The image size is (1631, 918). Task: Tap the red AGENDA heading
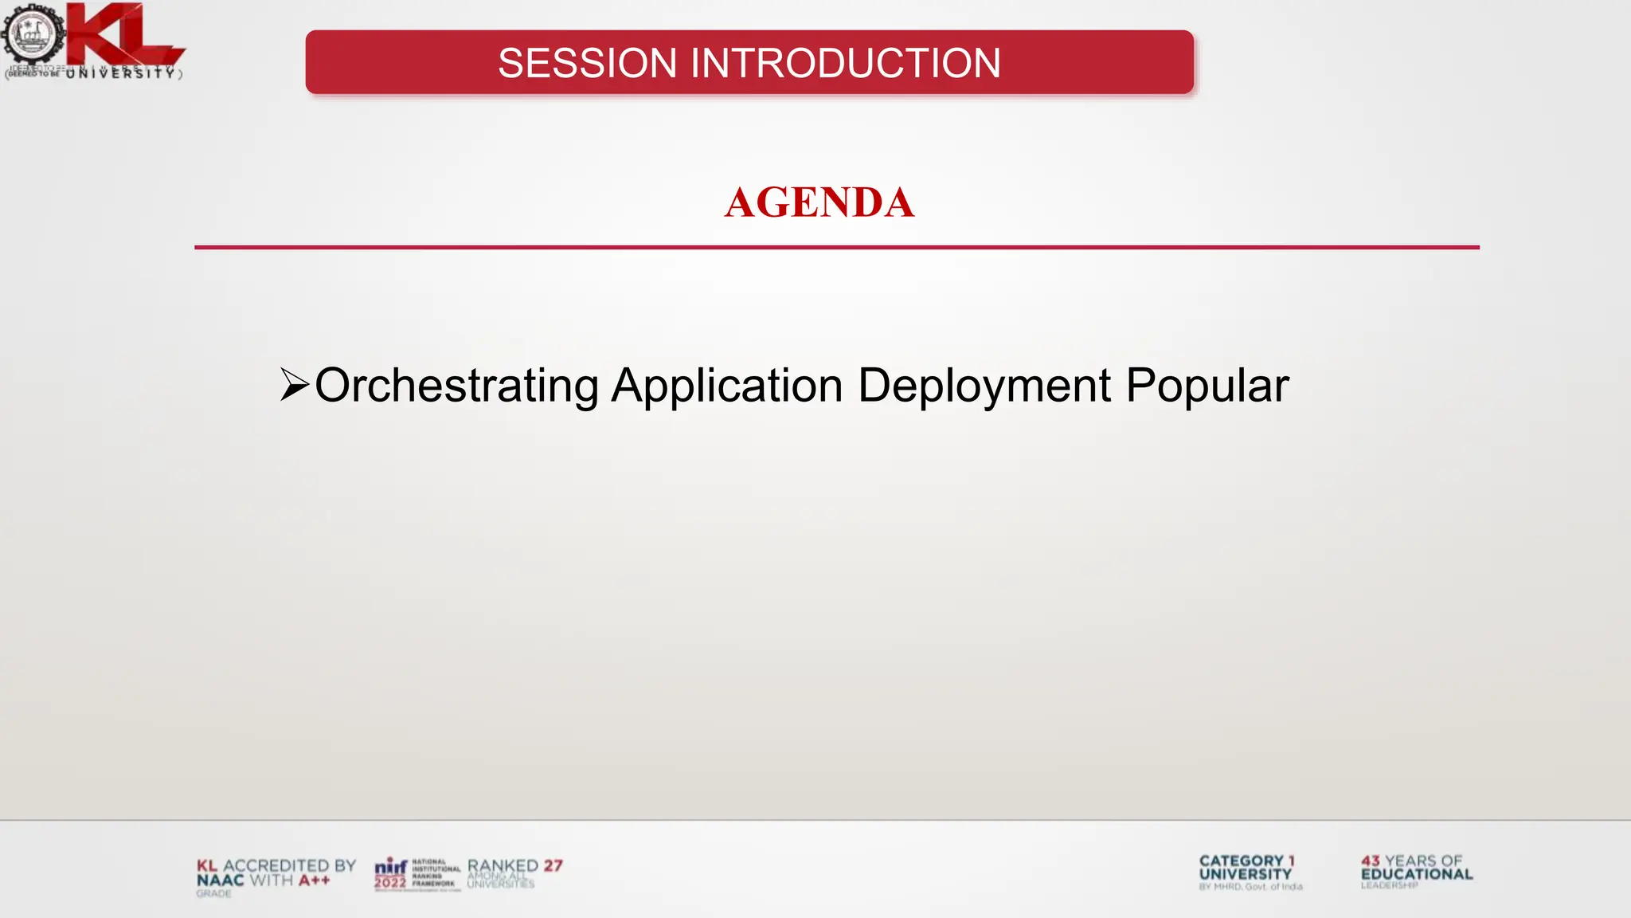click(819, 202)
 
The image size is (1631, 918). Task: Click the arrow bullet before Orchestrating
click(294, 385)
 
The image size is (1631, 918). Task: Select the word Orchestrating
click(456, 386)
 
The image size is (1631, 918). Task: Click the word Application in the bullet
click(726, 386)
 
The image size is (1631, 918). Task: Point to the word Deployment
click(984, 386)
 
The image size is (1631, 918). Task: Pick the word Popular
click(1207, 386)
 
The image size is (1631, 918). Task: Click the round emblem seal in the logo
click(31, 34)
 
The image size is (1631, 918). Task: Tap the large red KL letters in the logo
click(119, 33)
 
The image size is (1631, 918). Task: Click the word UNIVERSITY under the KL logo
click(119, 73)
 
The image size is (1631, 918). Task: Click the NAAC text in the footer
click(220, 880)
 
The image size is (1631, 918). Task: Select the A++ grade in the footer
click(315, 880)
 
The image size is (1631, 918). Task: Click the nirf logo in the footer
click(391, 866)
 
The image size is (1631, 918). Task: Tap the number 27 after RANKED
click(553, 865)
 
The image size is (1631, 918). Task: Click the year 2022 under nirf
click(390, 882)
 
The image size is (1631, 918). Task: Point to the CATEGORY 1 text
click(1246, 861)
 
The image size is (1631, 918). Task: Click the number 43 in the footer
click(1371, 861)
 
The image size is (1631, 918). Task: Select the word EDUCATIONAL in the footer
click(1417, 873)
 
